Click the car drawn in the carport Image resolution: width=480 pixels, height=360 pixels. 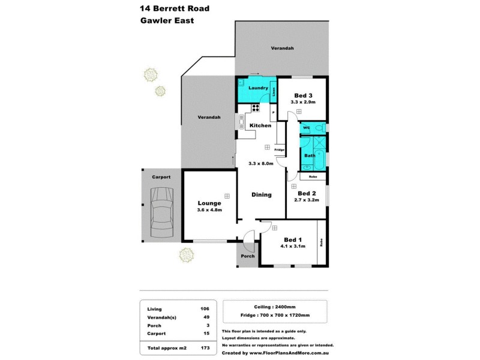[161, 211]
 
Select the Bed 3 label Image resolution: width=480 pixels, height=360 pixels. [302, 95]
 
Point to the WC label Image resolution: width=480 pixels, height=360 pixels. [306, 128]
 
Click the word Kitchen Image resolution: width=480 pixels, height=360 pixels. [260, 125]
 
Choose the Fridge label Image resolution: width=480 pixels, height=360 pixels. [279, 149]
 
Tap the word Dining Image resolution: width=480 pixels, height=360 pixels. [262, 194]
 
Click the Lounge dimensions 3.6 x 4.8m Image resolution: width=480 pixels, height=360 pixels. [209, 210]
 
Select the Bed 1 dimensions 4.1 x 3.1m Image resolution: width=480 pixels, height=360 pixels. [293, 246]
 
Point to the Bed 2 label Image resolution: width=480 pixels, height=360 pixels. [306, 193]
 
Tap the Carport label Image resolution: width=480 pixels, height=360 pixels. [161, 177]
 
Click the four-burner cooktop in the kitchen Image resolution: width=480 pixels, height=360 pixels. [255, 109]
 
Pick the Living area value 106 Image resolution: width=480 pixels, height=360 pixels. [205, 308]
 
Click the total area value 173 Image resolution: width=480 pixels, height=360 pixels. [205, 347]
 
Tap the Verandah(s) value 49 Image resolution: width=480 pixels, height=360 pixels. [206, 317]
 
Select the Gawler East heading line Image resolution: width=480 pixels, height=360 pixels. [167, 20]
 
